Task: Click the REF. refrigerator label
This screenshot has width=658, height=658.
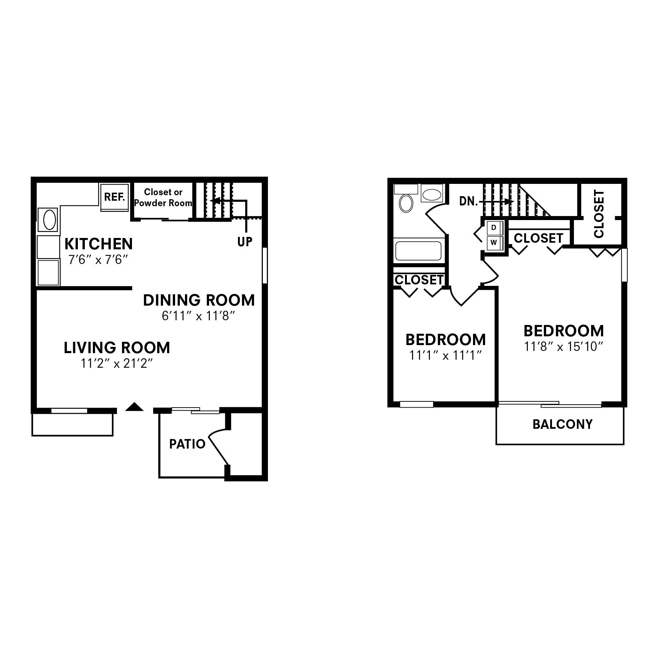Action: tap(114, 197)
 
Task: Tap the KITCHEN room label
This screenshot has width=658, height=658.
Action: tap(98, 244)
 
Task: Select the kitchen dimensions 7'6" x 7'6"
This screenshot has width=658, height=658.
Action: tap(98, 260)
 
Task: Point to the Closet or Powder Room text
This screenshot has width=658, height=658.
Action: tap(163, 197)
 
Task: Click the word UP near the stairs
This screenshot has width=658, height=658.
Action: tap(245, 242)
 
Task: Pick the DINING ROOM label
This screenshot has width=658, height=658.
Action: tap(198, 300)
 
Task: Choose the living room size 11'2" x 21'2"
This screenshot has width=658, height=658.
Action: tap(116, 363)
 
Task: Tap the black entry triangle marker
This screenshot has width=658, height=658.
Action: tap(134, 407)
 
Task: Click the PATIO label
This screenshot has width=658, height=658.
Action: tap(187, 444)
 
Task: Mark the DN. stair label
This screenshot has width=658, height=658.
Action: tap(468, 201)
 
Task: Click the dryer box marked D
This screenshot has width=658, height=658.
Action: tap(494, 228)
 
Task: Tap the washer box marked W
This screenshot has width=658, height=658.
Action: tap(494, 242)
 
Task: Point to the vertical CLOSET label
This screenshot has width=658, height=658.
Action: tap(599, 214)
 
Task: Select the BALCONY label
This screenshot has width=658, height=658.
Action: tap(562, 424)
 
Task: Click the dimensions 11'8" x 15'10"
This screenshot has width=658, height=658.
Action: tap(563, 346)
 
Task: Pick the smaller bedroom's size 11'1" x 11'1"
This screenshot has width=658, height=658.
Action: tap(445, 355)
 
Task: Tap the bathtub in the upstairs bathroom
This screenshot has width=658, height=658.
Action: tap(419, 251)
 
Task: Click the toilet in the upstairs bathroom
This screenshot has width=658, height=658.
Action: tap(406, 203)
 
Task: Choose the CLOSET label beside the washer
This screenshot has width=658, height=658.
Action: tap(538, 238)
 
